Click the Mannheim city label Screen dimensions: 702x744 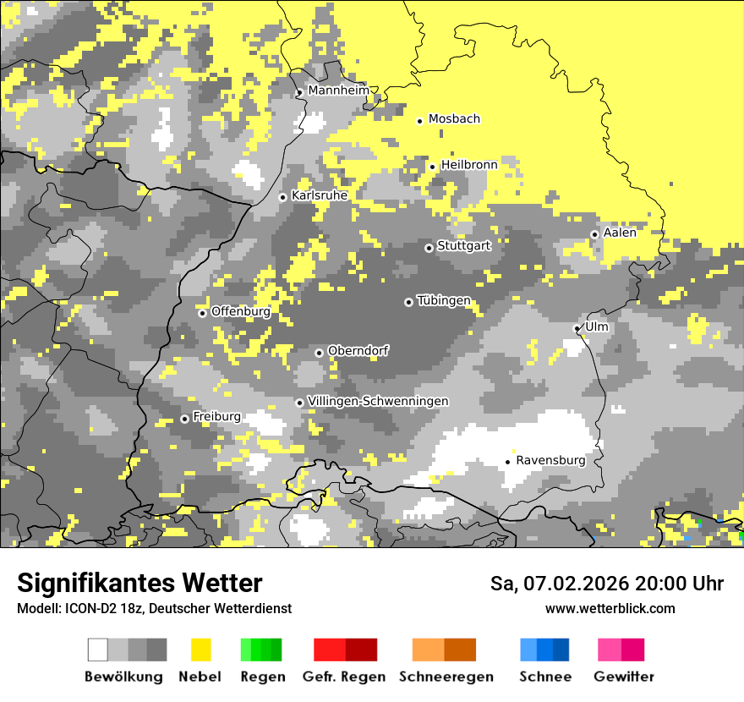(x=338, y=90)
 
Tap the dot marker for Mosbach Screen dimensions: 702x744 (x=419, y=121)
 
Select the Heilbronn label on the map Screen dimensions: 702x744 (x=469, y=165)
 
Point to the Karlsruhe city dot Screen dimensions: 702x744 (x=283, y=197)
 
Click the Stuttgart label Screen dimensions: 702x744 (x=464, y=246)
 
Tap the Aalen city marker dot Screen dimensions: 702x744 (x=594, y=234)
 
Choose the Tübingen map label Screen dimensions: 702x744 (x=444, y=301)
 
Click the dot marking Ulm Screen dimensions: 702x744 (x=577, y=328)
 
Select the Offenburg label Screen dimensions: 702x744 (x=241, y=311)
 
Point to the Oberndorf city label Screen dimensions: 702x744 (x=358, y=350)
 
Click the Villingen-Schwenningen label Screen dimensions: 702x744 (x=378, y=401)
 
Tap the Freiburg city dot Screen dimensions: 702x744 (x=184, y=419)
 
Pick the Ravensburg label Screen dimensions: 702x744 (x=550, y=460)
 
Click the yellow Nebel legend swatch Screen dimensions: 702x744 (x=200, y=650)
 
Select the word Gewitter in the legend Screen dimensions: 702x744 (x=623, y=677)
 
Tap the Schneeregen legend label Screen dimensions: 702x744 (x=446, y=677)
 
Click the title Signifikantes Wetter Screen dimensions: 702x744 (x=139, y=583)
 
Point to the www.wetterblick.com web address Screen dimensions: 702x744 (x=610, y=608)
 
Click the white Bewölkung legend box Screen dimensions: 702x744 (x=98, y=650)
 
